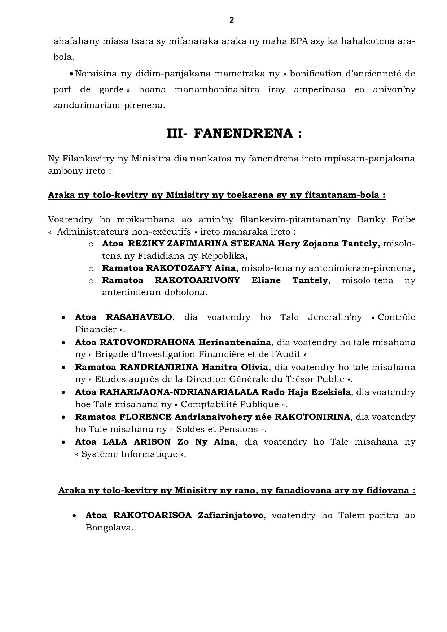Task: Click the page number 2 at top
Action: click(232, 20)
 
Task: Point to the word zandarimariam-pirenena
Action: click(109, 106)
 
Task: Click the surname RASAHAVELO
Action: click(139, 317)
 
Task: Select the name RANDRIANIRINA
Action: click(159, 367)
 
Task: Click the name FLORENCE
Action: click(145, 417)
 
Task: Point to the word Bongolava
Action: click(109, 528)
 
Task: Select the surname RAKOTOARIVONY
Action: click(197, 280)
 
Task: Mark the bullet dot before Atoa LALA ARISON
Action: click(63, 442)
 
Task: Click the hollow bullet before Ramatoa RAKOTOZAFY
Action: click(91, 268)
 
